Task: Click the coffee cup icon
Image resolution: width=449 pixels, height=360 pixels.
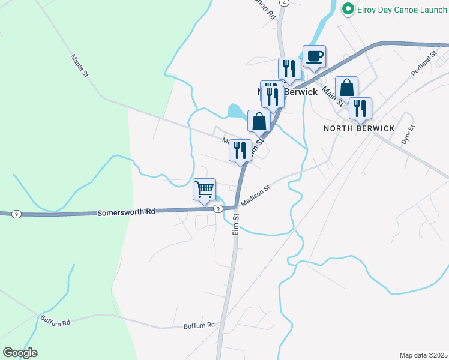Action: click(314, 57)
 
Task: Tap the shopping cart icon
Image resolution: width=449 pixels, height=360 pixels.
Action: click(205, 190)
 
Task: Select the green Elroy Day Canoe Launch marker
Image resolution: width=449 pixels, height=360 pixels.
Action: click(347, 9)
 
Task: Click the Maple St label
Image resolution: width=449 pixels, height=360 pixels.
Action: click(79, 65)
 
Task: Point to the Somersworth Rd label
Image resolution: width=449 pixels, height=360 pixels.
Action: click(126, 212)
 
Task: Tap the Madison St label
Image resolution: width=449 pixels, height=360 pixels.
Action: click(256, 196)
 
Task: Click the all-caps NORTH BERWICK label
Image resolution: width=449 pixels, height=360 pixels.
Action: click(359, 128)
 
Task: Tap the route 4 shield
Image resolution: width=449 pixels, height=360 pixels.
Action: click(285, 3)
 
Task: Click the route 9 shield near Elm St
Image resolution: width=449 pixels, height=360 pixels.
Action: click(217, 208)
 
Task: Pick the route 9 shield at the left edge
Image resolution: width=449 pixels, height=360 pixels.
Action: click(16, 214)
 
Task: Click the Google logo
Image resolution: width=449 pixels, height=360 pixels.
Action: click(20, 353)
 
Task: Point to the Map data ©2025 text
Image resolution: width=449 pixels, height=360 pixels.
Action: click(423, 355)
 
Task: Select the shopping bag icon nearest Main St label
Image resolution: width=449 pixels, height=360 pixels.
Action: click(347, 88)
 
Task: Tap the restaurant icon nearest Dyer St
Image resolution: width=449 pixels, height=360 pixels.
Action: click(360, 109)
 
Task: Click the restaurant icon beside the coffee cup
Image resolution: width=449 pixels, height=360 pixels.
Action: click(289, 70)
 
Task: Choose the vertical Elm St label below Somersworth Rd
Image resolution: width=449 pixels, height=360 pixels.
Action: click(236, 227)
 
